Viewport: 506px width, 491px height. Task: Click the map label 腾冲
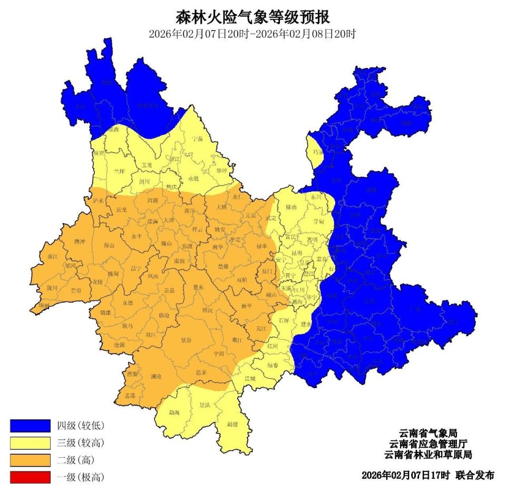click(80, 242)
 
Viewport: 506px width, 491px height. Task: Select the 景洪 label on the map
click(205, 406)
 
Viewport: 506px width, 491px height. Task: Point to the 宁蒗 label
click(197, 139)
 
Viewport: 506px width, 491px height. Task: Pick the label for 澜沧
click(156, 377)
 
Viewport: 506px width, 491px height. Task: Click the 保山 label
click(109, 245)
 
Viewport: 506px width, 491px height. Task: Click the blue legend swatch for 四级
click(30, 425)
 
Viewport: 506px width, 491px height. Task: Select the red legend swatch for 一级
click(30, 477)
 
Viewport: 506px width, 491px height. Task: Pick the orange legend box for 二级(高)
click(30, 460)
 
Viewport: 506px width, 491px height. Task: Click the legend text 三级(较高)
click(80, 442)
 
